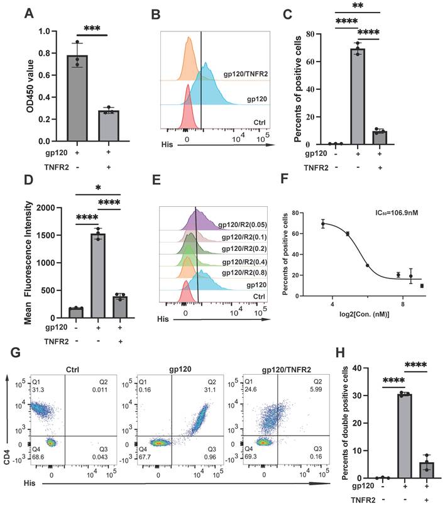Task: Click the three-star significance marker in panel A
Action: click(x=93, y=28)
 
